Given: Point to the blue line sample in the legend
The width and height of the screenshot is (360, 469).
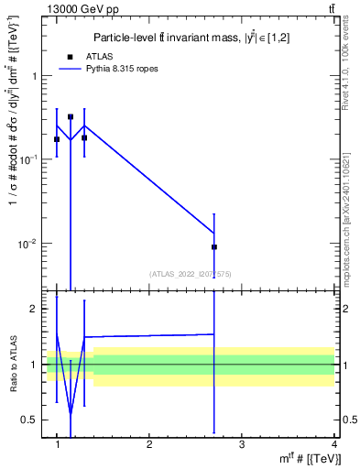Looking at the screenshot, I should coord(70,69).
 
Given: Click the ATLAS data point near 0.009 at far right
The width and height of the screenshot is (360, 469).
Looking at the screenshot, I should coord(214,246).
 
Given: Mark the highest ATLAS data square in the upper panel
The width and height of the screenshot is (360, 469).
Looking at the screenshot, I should coord(71,117).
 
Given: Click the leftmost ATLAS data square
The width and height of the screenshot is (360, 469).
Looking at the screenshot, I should coord(57,139).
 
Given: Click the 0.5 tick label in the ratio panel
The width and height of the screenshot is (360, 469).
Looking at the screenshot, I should coord(33,420).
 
